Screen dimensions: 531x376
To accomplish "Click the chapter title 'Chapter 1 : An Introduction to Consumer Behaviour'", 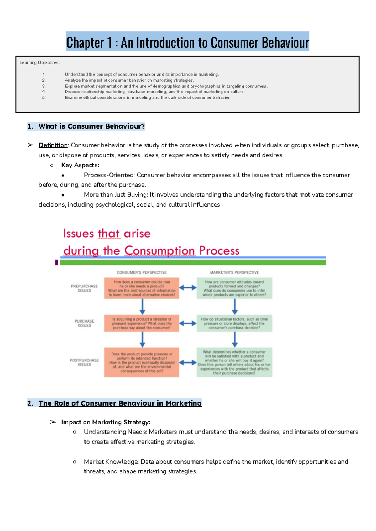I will tap(187, 42).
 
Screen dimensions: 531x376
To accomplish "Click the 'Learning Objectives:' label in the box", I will tap(39, 63).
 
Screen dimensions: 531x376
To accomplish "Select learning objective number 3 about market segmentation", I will tap(166, 86).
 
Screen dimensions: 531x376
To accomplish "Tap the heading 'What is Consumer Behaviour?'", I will tap(91, 126).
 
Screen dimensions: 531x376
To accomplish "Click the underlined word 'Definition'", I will tap(53, 145).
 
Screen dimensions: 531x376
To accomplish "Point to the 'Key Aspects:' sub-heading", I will tap(80, 165).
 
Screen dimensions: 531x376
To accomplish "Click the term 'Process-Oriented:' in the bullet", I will tap(109, 175).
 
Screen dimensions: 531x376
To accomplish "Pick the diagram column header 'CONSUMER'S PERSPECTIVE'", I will tap(142, 272).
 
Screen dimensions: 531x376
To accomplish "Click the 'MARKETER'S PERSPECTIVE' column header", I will tap(234, 272).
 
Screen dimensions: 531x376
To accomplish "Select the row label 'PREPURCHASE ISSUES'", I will tap(84, 288).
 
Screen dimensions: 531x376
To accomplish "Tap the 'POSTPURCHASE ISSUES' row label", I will tap(84, 362).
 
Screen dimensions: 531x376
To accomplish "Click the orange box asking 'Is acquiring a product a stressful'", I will tap(142, 323).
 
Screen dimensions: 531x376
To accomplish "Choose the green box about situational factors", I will tap(234, 323).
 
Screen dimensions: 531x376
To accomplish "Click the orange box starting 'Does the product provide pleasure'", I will tap(142, 362).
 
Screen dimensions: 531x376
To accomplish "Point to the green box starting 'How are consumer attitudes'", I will tap(234, 288).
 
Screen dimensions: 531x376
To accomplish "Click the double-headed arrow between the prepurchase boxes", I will tap(188, 288).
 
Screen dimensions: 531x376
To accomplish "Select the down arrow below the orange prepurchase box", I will tap(142, 307).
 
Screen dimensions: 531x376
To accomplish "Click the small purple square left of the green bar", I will tap(57, 262).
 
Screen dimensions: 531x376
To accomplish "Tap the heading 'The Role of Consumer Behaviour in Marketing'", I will tap(120, 403).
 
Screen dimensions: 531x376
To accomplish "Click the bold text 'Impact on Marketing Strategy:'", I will tap(106, 422).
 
